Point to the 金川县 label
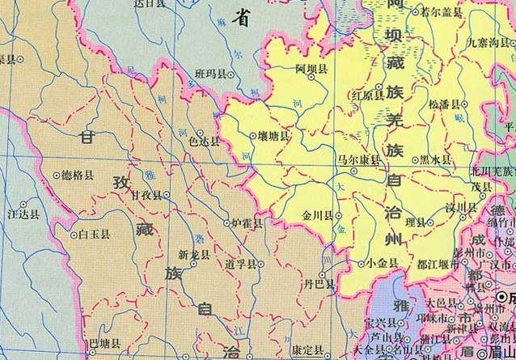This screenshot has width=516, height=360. (x=317, y=215)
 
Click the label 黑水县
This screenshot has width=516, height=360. (x=436, y=160)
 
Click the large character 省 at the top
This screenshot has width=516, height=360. (x=240, y=15)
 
